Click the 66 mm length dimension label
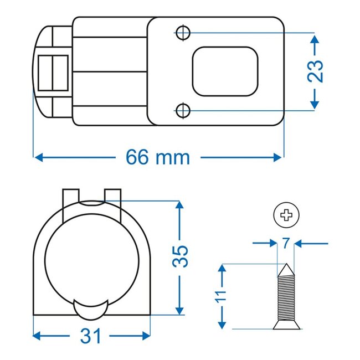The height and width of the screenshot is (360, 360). click(x=158, y=158)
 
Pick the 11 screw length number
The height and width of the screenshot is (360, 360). click(x=222, y=296)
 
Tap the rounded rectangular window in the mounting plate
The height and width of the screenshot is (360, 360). click(x=226, y=71)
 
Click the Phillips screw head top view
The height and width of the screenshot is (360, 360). click(x=286, y=215)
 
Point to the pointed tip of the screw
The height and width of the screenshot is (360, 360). click(x=286, y=269)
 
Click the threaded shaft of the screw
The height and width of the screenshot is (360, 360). click(x=286, y=299)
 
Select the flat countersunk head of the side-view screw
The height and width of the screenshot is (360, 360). click(x=286, y=325)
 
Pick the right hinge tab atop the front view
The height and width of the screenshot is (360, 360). click(x=112, y=195)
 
